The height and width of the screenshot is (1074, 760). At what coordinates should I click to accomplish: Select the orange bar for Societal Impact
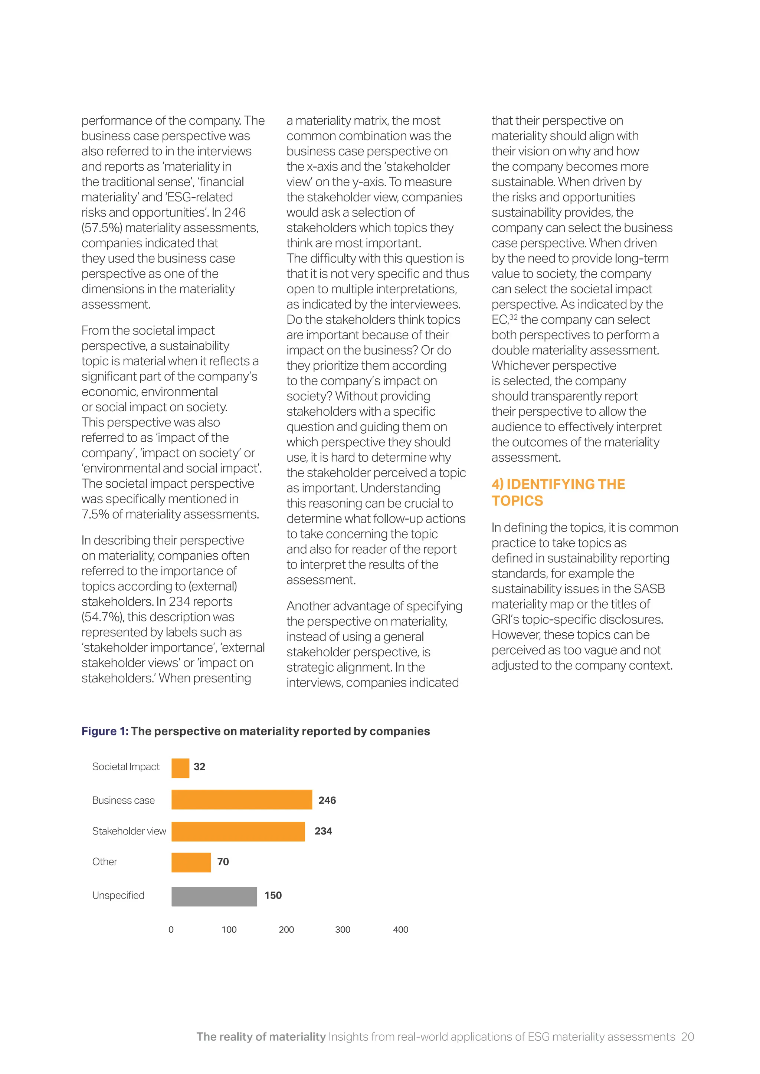(180, 768)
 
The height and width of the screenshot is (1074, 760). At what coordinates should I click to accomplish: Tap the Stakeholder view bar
(238, 831)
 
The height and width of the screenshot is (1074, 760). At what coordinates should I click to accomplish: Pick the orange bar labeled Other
(191, 862)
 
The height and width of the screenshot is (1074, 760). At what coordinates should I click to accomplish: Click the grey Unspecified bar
(214, 896)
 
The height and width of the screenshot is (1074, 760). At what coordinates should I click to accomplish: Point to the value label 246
(327, 800)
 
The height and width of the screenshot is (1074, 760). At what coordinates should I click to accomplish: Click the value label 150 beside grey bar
(273, 895)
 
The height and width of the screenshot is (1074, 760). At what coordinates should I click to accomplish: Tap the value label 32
(199, 767)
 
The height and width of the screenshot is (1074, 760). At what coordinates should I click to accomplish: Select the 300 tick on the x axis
(343, 929)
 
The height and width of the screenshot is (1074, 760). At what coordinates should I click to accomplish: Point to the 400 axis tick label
(400, 929)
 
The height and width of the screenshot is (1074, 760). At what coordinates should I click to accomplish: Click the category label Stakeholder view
(129, 831)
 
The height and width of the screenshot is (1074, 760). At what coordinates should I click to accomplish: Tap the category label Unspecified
(118, 895)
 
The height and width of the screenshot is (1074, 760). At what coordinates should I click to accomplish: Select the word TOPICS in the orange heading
(517, 501)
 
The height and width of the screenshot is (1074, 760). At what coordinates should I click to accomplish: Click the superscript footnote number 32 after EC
(513, 317)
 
